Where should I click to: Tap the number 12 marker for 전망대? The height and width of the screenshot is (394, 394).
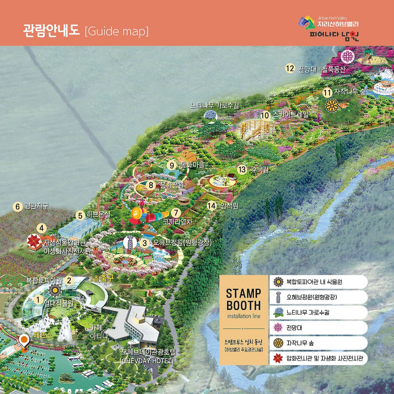290,68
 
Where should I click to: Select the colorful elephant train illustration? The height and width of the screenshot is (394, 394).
148,215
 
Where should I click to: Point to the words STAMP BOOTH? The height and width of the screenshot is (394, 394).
243,299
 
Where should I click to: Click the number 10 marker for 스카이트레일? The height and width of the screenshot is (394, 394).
265,115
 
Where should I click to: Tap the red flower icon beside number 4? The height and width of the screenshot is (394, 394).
34,241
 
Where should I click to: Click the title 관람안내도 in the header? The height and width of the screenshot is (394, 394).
51,31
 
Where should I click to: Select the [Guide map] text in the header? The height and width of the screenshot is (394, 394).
117,31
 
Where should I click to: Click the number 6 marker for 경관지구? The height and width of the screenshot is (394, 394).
18,206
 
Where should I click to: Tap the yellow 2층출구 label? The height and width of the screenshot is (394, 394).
102,278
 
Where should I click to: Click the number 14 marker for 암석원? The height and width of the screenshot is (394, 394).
211,206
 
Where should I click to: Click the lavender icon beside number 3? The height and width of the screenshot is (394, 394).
130,242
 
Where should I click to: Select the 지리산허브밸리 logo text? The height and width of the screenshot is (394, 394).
338,24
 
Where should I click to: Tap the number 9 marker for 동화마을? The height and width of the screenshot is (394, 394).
172,165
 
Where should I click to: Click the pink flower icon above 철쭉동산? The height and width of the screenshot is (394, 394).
348,56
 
